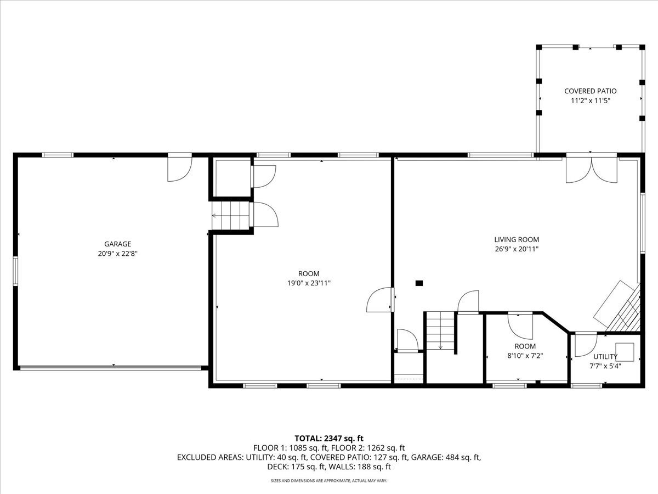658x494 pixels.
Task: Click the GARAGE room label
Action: pos(117,244)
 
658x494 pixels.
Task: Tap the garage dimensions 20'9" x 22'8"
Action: pos(117,254)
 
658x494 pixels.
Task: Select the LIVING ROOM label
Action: pos(517,239)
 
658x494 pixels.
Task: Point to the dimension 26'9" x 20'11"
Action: pos(517,249)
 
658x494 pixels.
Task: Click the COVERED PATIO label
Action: pos(591,91)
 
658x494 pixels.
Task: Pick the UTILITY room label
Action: pos(605,357)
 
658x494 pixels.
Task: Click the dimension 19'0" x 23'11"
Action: pos(309,284)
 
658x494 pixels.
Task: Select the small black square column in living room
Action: pos(419,283)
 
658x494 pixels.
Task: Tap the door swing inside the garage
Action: pos(180,169)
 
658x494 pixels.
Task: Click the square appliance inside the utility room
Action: pos(625,351)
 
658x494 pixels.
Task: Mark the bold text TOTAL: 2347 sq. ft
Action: pos(329,438)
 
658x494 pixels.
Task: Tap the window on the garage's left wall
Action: pos(16,272)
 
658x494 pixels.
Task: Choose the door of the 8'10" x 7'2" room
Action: pos(519,323)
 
